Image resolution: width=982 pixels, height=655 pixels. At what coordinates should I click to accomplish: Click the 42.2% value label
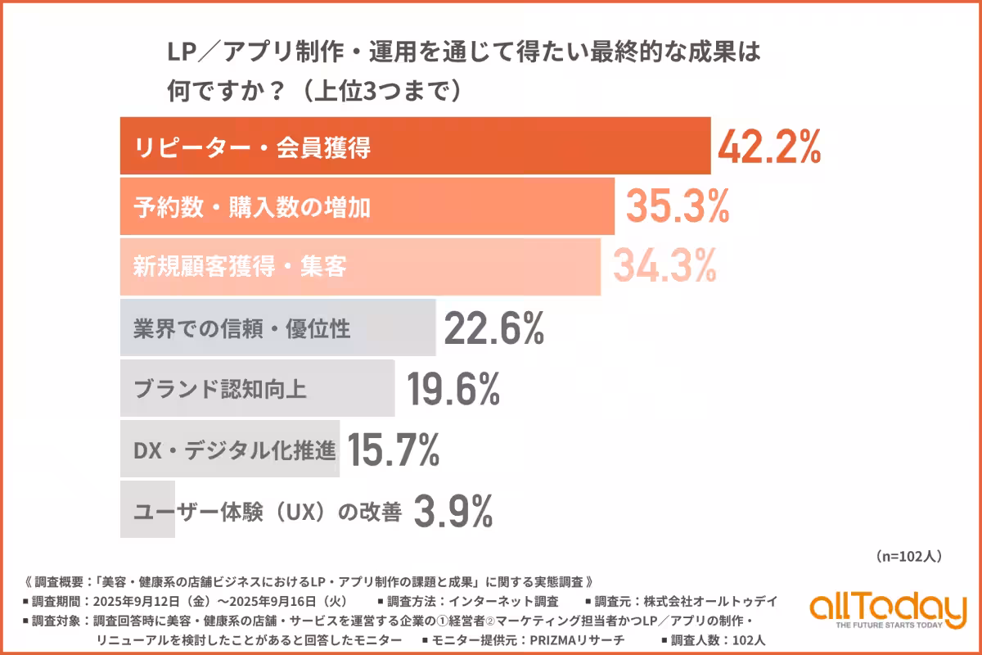tap(768, 147)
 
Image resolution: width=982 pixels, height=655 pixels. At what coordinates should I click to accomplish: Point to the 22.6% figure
tap(493, 329)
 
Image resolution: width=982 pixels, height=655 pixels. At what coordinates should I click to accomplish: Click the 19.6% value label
tap(453, 389)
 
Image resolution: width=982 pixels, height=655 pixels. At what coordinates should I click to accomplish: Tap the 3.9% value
tap(453, 512)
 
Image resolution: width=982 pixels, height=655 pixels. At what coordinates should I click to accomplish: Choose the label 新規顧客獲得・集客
tap(240, 267)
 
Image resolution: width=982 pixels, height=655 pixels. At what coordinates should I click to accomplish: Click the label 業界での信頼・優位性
tap(241, 329)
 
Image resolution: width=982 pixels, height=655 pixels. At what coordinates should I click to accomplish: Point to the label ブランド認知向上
tap(219, 389)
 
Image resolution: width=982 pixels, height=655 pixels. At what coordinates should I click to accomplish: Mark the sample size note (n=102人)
tap(908, 556)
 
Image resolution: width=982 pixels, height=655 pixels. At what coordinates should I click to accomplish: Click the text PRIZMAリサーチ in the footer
tap(579, 639)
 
